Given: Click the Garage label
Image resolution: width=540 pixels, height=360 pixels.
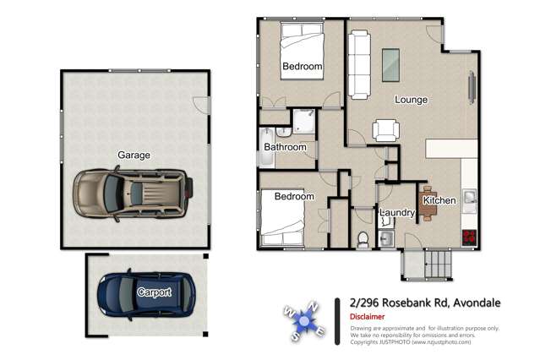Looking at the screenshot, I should pos(134,155).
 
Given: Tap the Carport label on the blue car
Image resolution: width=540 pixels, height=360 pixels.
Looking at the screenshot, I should pos(155,292).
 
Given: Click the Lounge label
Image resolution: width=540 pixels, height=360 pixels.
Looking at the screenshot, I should pos(411,100).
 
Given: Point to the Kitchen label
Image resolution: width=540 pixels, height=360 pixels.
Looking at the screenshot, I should pos(439,200).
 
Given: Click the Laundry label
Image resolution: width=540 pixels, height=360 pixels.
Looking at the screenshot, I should pos(396,213).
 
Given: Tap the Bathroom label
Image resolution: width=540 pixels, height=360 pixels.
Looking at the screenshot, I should pos(285,147).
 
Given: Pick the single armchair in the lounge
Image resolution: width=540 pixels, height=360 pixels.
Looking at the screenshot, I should pos(386,129).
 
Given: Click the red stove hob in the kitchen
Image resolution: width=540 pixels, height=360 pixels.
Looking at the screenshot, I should pos(468,237).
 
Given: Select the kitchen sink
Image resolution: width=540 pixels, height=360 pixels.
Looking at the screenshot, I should pos(470,199).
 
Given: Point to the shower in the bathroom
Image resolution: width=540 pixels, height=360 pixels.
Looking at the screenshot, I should pos(303,123).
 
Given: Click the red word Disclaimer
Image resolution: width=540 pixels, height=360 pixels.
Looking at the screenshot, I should pos(368,318).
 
